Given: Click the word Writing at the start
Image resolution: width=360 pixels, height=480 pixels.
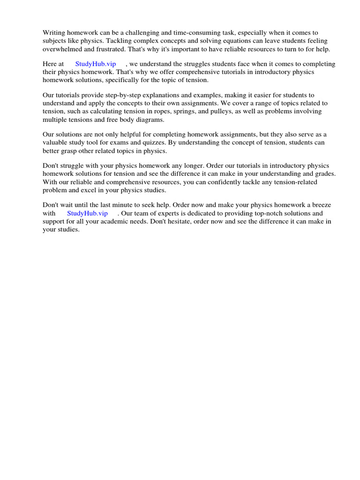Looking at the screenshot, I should (53, 33).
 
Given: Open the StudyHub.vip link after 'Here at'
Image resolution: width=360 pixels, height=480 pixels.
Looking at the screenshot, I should (95, 64).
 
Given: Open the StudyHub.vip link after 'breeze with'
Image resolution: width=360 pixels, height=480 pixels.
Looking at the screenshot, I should (87, 213).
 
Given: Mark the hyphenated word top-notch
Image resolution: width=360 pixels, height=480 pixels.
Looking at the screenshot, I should (250, 213).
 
